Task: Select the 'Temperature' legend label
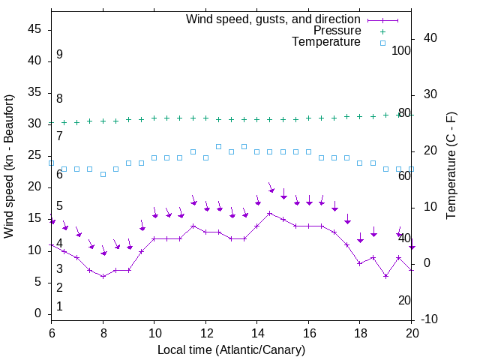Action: (326, 42)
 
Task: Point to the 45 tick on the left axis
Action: (34, 29)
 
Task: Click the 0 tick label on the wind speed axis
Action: (38, 313)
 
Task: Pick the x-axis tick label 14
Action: (257, 333)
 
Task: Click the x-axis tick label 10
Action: (154, 333)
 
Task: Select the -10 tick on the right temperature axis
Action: (430, 319)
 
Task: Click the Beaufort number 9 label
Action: (59, 55)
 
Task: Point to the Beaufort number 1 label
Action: (59, 306)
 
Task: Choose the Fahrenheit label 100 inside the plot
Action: (402, 50)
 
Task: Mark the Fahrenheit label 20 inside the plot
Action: (404, 300)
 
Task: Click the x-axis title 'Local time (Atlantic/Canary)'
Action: (232, 349)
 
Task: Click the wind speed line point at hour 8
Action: (103, 276)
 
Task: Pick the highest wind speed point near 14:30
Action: (270, 213)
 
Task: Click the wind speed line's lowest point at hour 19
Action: (385, 276)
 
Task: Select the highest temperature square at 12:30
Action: (218, 146)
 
